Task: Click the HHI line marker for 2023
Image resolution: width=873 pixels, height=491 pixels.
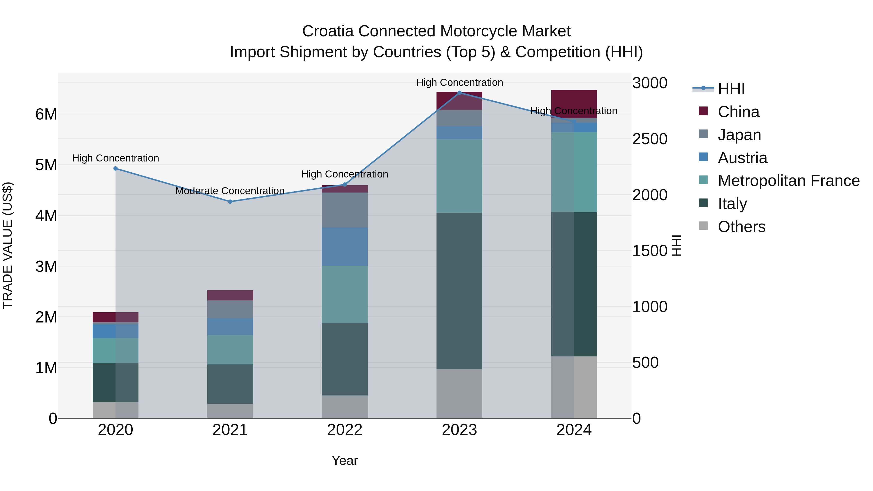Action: [459, 93]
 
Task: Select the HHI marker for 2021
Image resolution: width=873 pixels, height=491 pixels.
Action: [230, 202]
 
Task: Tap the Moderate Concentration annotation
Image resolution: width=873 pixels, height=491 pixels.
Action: [230, 191]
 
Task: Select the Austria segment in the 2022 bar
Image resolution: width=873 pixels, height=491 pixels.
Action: [345, 247]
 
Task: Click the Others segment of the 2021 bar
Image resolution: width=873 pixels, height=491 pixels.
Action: [230, 411]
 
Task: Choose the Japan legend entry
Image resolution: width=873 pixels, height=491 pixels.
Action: [739, 135]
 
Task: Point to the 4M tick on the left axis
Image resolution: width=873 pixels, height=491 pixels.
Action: [46, 216]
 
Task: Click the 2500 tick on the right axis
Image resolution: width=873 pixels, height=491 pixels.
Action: [650, 139]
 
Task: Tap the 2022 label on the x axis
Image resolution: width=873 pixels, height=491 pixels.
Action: [345, 430]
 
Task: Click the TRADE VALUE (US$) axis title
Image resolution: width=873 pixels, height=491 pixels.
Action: [8, 245]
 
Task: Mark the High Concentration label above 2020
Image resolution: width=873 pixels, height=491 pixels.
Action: [116, 158]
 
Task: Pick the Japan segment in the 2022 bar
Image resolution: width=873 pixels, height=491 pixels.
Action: [345, 210]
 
